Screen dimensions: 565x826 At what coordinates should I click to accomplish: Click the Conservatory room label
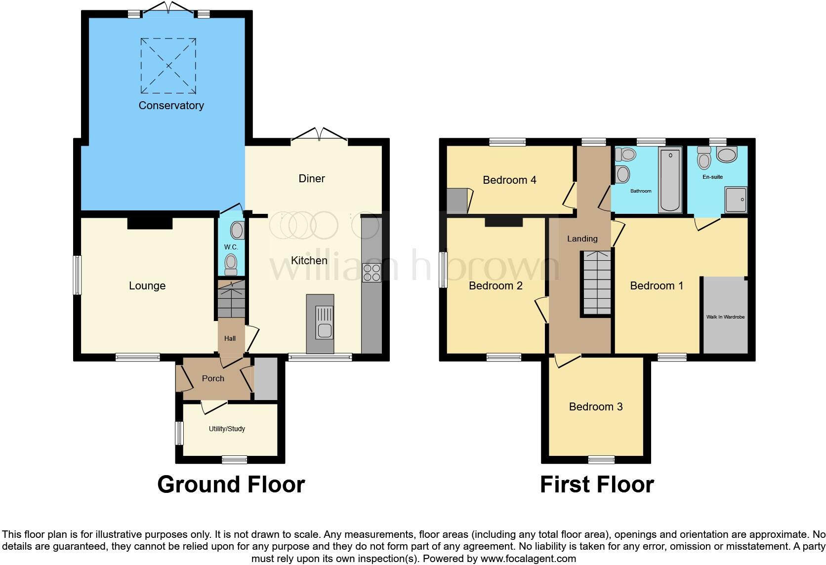171,105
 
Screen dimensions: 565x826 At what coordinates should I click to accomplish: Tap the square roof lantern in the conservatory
168,66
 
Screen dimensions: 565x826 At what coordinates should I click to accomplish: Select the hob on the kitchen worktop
372,273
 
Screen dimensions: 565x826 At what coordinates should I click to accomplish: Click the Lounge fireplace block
150,223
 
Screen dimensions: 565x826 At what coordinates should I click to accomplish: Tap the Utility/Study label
227,429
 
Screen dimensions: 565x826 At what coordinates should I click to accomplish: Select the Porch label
213,378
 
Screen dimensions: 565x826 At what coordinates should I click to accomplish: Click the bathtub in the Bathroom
670,180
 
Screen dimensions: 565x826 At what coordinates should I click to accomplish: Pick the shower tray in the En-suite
736,200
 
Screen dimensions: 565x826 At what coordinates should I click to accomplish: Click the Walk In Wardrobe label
725,317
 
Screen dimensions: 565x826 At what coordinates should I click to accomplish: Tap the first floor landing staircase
597,282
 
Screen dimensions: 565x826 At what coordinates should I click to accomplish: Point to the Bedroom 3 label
595,406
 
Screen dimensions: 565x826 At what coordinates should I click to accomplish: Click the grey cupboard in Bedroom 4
457,201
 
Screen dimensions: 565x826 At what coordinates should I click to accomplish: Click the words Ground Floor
231,484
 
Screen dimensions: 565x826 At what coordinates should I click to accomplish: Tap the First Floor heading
597,484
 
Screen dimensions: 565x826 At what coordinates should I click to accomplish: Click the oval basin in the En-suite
726,155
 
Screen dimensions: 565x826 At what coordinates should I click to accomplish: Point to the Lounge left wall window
77,275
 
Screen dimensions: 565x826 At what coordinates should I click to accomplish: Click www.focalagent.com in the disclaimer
528,559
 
